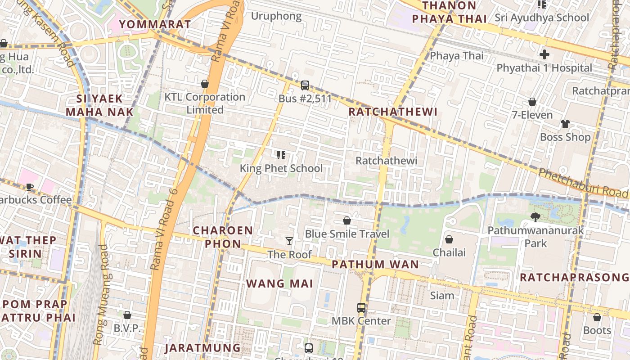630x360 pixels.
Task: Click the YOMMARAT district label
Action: [x=155, y=24]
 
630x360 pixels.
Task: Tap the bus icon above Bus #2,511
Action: [x=305, y=85]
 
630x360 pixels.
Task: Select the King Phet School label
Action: [x=281, y=168]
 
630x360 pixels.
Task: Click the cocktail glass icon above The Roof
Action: [x=289, y=241]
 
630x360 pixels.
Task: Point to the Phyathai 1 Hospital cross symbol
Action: [x=544, y=55]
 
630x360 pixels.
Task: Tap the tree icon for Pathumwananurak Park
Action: [x=535, y=217]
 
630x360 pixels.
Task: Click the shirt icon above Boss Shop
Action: [x=565, y=124]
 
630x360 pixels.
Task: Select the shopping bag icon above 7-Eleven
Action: [x=532, y=102]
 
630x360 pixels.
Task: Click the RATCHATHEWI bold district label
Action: [x=393, y=112]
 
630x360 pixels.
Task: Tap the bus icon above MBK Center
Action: [x=361, y=308]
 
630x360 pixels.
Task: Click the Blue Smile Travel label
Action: [x=347, y=234]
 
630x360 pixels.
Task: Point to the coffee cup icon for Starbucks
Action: [x=30, y=186]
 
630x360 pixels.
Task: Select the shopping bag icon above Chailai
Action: [x=449, y=239]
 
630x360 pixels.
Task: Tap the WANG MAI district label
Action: [x=279, y=283]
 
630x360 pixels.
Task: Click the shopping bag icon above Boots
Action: [x=597, y=317]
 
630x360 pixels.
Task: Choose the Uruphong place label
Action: [x=276, y=16]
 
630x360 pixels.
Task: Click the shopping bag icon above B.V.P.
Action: [x=127, y=315]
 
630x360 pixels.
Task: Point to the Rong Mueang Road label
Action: [x=101, y=295]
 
